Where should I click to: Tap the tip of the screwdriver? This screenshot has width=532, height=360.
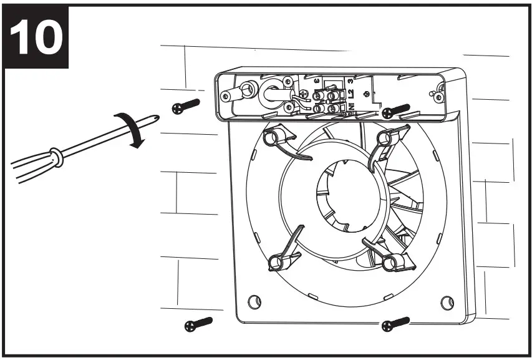(163, 110)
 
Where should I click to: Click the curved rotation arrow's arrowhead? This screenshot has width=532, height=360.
(140, 143)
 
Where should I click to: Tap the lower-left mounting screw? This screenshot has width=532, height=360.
(198, 324)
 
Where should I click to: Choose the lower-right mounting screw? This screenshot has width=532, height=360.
(395, 324)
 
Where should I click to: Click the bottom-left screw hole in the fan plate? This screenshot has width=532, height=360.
(253, 302)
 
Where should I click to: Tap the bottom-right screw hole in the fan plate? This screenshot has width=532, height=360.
(446, 302)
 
